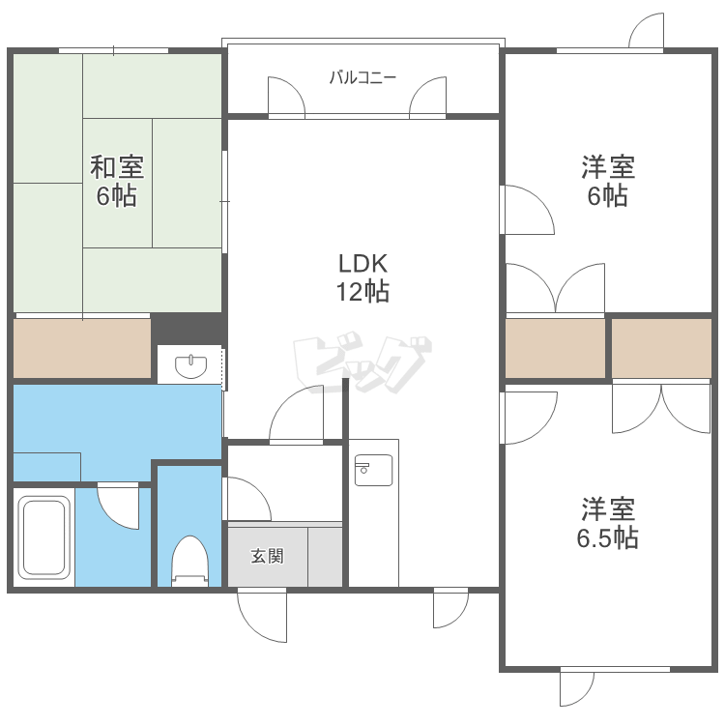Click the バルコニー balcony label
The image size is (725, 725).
coord(362,77)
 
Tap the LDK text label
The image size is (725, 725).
coord(362,264)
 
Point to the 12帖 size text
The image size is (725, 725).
coord(362,292)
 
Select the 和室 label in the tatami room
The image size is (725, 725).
coord(117,167)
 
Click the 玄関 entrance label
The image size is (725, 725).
coord(267,556)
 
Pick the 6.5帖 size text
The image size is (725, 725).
coord(608,538)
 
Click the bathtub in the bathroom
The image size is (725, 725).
coord(43,536)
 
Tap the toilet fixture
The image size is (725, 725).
coord(190,562)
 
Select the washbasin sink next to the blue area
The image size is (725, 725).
coord(190,366)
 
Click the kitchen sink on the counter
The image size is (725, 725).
coord(373,470)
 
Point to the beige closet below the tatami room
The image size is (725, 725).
coord(82,348)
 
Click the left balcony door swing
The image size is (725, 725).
coord(286,96)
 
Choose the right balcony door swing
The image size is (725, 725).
coord(427,96)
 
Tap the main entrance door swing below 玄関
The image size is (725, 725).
coord(262,616)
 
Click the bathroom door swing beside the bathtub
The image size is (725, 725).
coord(118,507)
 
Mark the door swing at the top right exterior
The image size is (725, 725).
coord(647,31)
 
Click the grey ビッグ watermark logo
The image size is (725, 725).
coord(362,362)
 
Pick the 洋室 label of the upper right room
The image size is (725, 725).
coord(608,167)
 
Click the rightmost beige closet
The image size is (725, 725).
coord(661,348)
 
